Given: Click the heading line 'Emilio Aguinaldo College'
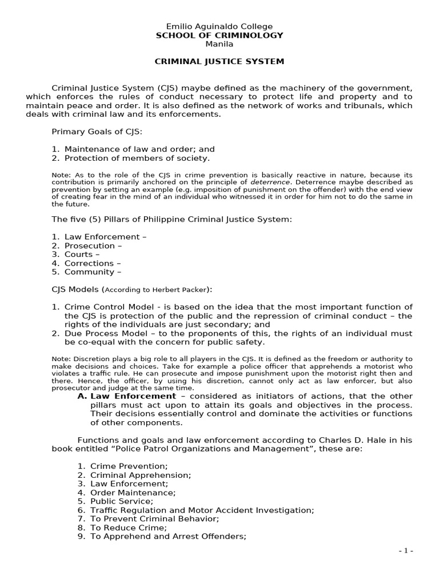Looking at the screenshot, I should pos(219,26).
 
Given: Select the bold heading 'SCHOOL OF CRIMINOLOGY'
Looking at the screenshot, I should pos(219,35).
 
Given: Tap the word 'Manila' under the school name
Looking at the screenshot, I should pos(219,44).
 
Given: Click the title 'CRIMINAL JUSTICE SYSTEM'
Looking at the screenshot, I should pos(219,62).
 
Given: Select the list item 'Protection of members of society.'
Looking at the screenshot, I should pos(137,158).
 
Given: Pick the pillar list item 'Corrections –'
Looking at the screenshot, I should pos(93,263).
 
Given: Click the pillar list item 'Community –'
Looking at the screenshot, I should pos(93,272).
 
